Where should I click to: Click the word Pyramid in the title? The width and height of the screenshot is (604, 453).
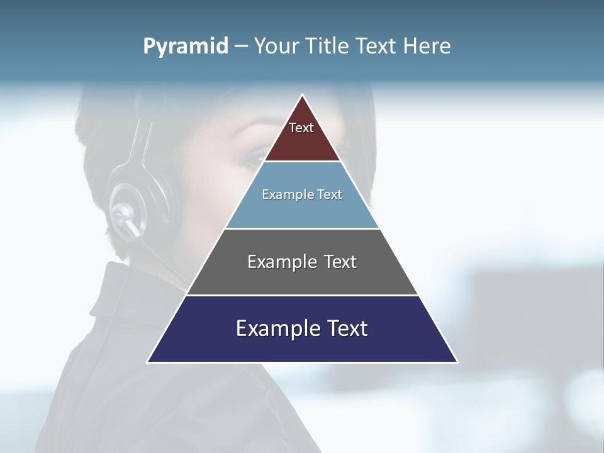point(186,47)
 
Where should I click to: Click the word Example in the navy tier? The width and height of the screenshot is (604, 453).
point(271,328)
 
